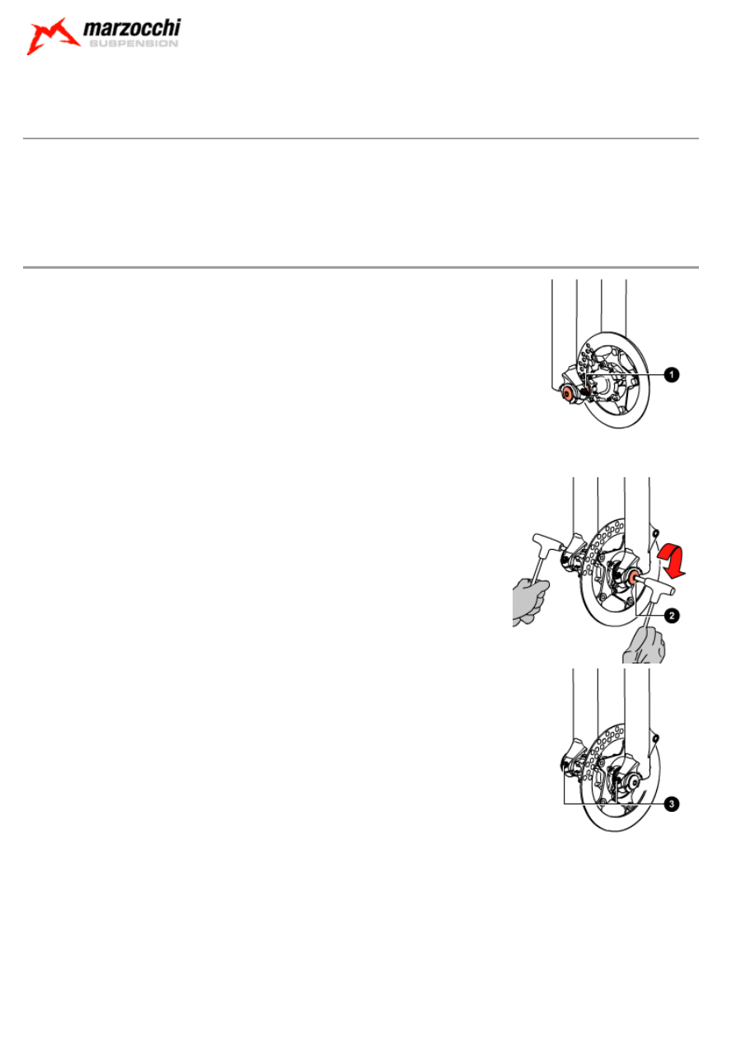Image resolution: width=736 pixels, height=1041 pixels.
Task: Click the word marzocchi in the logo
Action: point(132,28)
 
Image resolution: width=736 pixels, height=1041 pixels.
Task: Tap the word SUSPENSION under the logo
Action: point(134,44)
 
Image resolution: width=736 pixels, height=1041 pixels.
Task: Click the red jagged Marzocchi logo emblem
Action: point(53,36)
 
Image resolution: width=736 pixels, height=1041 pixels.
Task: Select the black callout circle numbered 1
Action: point(672,374)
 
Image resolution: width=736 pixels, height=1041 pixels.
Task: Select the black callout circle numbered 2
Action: point(672,616)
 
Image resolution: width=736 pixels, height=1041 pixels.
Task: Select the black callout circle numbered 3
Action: point(672,804)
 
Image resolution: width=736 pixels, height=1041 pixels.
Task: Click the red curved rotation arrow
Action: point(672,562)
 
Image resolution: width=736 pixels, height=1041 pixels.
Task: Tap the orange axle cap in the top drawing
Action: point(567,394)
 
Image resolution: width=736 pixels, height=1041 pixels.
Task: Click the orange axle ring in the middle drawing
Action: point(633,578)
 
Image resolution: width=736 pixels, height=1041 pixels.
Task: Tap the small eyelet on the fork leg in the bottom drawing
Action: point(656,738)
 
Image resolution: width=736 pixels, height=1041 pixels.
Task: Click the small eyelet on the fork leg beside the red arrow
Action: point(656,532)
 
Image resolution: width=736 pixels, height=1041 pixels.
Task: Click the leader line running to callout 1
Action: point(625,374)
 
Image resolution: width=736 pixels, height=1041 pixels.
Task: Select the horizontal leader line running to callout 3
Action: point(614,804)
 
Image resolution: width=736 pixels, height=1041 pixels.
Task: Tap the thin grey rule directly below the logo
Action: point(360,138)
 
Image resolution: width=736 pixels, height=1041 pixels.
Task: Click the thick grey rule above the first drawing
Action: point(360,267)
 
